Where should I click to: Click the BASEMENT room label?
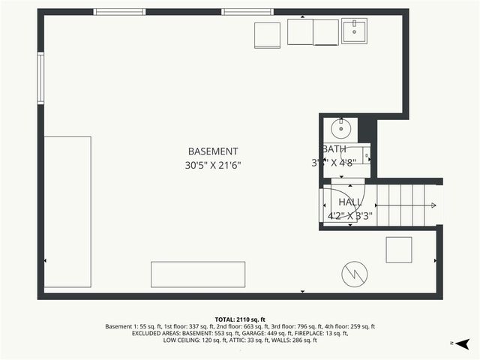click(213, 151)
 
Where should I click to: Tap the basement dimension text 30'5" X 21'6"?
click(213, 165)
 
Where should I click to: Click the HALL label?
click(350, 202)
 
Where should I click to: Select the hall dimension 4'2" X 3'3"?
click(350, 216)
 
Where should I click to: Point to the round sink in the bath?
click(343, 127)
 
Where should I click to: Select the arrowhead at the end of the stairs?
click(433, 205)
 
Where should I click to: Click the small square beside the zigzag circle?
click(399, 250)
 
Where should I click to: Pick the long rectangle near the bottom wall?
click(198, 274)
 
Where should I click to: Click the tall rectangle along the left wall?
click(67, 213)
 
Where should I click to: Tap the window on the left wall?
click(41, 78)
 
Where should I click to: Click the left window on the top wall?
click(119, 12)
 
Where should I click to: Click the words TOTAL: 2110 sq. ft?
click(240, 319)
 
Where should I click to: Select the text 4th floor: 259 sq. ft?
click(348, 327)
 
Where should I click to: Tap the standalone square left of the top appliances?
click(267, 35)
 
